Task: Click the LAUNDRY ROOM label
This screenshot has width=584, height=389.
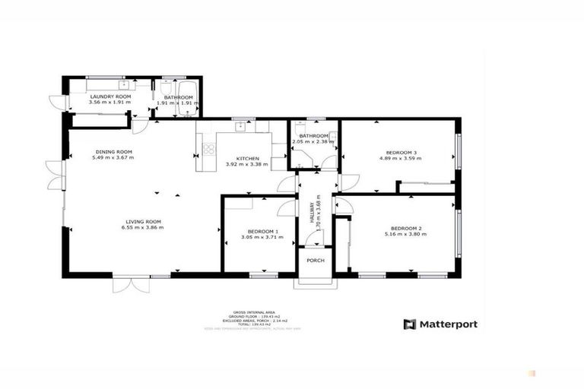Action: [x=110, y=97]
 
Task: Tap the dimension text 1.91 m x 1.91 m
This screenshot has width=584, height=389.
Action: [x=179, y=103]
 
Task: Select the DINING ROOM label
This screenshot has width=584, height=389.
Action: [x=114, y=151]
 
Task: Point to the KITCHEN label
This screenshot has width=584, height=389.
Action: [x=243, y=158]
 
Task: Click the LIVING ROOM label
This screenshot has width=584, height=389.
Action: [x=143, y=221]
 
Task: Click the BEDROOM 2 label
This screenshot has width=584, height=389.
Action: [x=405, y=228]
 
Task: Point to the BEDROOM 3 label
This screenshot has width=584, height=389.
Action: [x=398, y=152]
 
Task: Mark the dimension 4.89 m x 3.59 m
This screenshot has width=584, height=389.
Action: [x=398, y=159]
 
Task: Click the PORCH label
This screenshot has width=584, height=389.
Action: [x=315, y=261]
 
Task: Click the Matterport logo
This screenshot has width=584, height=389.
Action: [x=440, y=324]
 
